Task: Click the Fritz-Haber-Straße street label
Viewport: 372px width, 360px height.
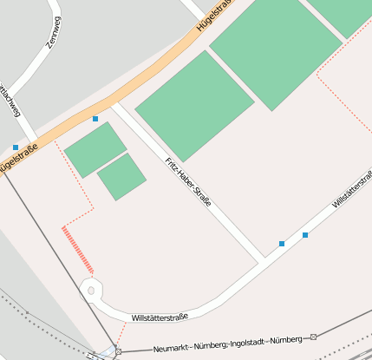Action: (188, 181)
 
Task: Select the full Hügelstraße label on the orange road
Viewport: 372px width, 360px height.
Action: (217, 16)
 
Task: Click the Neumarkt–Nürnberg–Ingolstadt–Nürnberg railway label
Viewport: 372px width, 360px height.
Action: (227, 344)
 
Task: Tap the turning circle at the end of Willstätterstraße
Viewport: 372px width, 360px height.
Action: (91, 291)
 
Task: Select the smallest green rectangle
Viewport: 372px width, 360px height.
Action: (121, 177)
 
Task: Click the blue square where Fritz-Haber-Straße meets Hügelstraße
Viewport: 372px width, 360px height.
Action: (95, 118)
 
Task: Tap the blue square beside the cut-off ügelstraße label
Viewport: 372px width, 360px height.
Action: (16, 147)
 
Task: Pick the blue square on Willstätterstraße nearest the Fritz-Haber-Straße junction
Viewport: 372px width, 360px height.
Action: (282, 244)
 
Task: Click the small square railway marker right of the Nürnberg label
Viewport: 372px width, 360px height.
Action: (314, 337)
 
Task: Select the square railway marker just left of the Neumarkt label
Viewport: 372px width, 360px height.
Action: (118, 351)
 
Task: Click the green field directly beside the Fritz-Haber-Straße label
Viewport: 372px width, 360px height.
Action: (194, 106)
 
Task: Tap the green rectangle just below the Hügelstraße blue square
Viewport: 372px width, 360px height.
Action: (95, 149)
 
